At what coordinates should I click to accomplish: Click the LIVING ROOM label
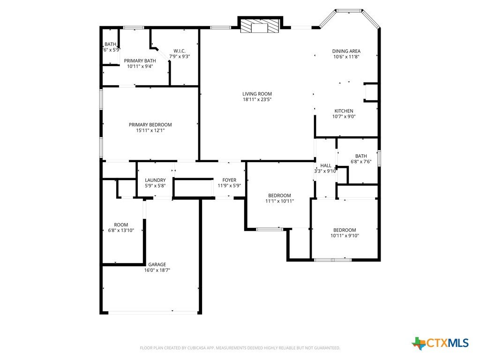pyautogui.click(x=257, y=94)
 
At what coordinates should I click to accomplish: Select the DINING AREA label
pyautogui.click(x=346, y=51)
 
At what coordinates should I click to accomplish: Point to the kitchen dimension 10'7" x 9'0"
pyautogui.click(x=344, y=116)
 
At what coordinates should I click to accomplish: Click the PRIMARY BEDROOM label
pyautogui.click(x=150, y=125)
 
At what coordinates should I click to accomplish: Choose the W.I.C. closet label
pyautogui.click(x=180, y=51)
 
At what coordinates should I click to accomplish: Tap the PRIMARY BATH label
pyautogui.click(x=140, y=60)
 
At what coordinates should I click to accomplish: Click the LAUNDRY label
pyautogui.click(x=155, y=180)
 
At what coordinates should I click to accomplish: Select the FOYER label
pyautogui.click(x=229, y=180)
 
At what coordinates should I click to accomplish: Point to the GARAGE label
pyautogui.click(x=157, y=264)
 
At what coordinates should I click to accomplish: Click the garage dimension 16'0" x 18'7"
pyautogui.click(x=157, y=270)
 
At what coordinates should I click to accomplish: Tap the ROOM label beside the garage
pyautogui.click(x=121, y=225)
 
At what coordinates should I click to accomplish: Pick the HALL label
pyautogui.click(x=326, y=165)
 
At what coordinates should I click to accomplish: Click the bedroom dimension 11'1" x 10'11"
pyautogui.click(x=279, y=201)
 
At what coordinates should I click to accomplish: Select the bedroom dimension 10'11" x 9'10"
pyautogui.click(x=345, y=235)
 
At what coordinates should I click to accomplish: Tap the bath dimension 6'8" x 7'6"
pyautogui.click(x=361, y=161)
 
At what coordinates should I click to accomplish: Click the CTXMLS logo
pyautogui.click(x=440, y=343)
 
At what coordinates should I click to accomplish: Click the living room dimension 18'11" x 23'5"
pyautogui.click(x=257, y=99)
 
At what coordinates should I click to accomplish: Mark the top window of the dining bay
pyautogui.click(x=349, y=11)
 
